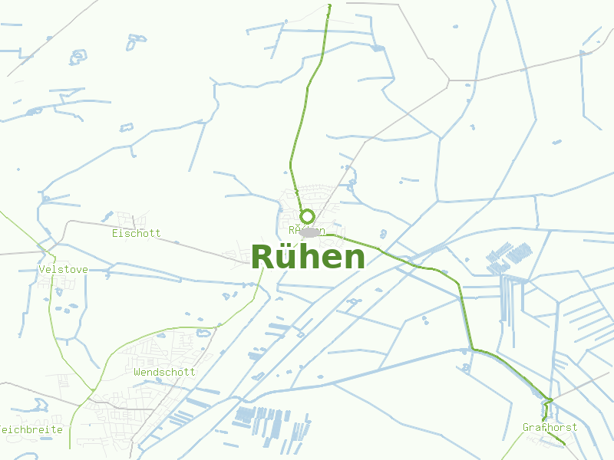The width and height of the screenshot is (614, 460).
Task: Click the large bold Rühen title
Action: tap(308, 258)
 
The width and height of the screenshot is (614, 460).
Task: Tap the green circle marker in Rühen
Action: tap(307, 216)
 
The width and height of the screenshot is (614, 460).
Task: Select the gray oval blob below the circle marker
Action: tap(310, 232)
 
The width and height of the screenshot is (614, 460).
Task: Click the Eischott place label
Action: tap(137, 233)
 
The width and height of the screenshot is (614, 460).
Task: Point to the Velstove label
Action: tap(63, 270)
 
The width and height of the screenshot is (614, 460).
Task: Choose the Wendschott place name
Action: tap(164, 372)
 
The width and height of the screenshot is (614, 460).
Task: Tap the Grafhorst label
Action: tap(550, 427)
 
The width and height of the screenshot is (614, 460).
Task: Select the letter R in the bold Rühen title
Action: tap(262, 258)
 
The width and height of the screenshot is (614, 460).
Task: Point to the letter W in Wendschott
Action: tap(137, 372)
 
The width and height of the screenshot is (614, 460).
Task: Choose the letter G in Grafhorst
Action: tap(526, 427)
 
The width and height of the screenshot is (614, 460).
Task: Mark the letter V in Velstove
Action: tap(41, 270)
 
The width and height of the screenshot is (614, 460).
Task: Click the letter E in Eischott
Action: tap(115, 233)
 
